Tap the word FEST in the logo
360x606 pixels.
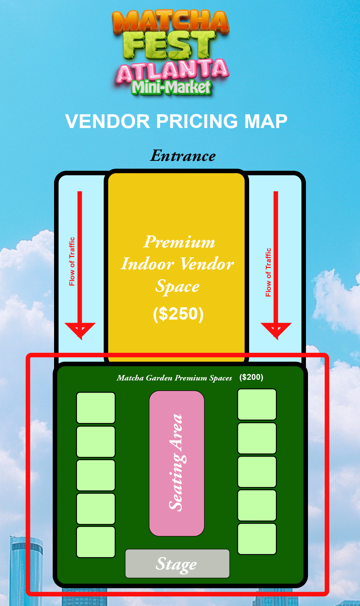(170, 45)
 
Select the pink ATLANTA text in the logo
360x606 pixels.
(172, 70)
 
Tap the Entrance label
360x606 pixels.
(183, 156)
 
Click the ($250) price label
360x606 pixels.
(178, 314)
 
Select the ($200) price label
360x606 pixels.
(251, 377)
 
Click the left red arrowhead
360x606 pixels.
(80, 329)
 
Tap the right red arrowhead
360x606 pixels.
(276, 329)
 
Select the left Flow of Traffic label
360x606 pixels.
(72, 261)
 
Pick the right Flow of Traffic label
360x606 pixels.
(268, 272)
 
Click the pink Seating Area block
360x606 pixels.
(177, 463)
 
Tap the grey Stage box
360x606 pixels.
(177, 564)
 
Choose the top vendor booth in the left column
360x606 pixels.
(96, 408)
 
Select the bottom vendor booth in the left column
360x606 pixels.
(96, 542)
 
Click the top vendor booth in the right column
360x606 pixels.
(257, 404)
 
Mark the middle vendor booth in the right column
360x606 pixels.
(257, 472)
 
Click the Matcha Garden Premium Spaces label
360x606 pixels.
(174, 378)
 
